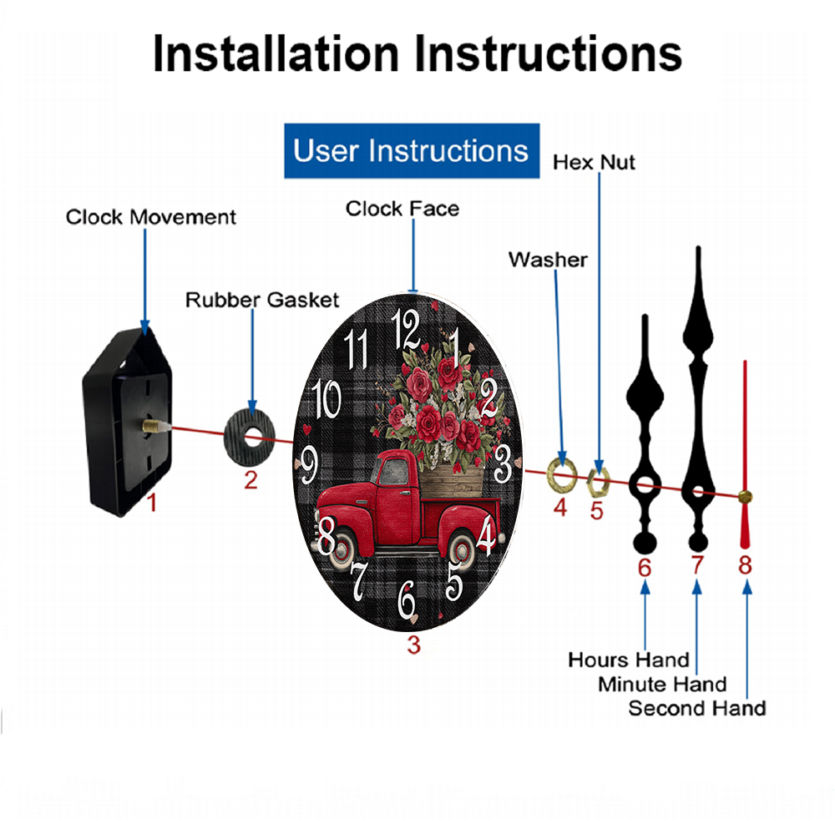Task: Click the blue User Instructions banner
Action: (412, 150)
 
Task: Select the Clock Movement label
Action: (150, 217)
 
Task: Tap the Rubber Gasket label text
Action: (262, 300)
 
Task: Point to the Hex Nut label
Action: (594, 162)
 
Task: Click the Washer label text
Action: (548, 260)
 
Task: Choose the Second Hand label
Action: (697, 708)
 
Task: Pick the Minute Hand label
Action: (662, 684)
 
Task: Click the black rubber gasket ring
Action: (250, 438)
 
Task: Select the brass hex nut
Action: (597, 483)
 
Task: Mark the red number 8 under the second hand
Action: (745, 565)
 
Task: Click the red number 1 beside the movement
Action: (152, 502)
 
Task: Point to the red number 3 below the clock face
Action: (414, 645)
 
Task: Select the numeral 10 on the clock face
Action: (326, 398)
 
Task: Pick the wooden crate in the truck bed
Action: (452, 480)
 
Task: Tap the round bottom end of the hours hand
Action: (645, 544)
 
